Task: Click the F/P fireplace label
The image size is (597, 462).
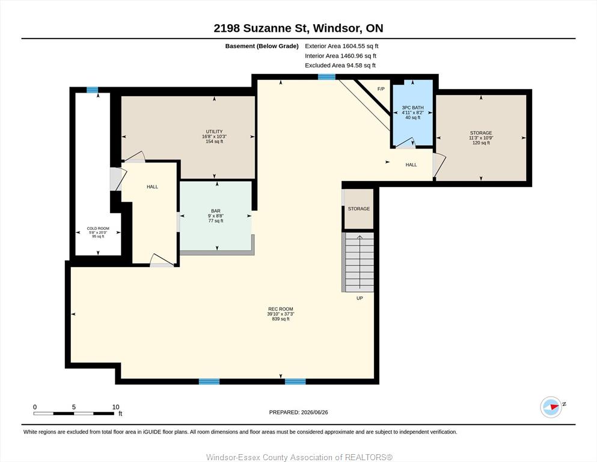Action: coord(381,89)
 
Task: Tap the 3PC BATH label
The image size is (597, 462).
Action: coord(412,108)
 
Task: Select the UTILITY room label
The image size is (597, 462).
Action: coord(215,132)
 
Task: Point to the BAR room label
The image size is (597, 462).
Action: coord(216,211)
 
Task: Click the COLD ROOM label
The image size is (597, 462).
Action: coord(98,229)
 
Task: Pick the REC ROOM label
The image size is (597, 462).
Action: coord(281,309)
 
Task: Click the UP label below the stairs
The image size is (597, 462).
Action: coord(360,298)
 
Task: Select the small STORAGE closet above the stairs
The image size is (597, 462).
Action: coord(359,209)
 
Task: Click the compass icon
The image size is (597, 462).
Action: coord(551,407)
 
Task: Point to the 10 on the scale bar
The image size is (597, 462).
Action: coord(116,407)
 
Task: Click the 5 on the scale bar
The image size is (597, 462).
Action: coord(74,407)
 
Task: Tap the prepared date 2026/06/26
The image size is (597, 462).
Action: coord(314,412)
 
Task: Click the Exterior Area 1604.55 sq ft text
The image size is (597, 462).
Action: coord(341,46)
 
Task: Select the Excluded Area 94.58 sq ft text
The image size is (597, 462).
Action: coord(340,65)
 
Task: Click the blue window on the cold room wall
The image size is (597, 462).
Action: coord(92,90)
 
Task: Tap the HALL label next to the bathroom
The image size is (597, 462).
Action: coord(411,165)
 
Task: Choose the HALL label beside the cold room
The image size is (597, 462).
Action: coord(152,186)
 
